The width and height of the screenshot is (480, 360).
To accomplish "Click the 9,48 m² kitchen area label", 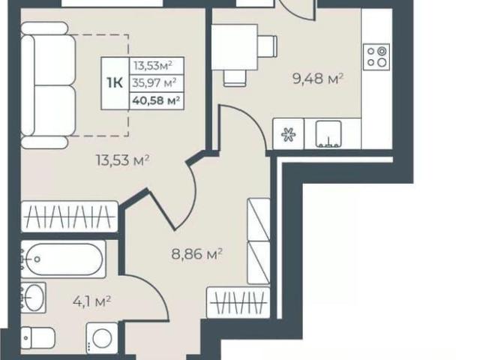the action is coord(318,79).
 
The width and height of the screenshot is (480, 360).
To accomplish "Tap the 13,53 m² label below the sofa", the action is coord(123,160).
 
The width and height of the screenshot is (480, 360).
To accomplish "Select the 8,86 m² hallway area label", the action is coord(196,253).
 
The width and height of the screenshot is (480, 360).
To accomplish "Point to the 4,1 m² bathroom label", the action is coord(91,301).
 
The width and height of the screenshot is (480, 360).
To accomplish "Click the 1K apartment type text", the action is coord(115,82).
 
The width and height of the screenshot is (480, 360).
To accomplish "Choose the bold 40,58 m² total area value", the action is coord(156,100).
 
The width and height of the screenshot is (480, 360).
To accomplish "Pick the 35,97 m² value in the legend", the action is coord(154,82).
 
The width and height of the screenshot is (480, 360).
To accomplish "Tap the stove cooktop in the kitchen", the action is coord(376,57).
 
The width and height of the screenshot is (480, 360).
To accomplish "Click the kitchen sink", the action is coord(328,134).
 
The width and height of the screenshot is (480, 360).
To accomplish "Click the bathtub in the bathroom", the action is coord(63,259).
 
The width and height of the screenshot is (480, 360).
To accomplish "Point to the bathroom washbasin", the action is coord(33,298).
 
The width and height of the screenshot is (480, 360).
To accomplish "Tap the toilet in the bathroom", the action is coord(38,337).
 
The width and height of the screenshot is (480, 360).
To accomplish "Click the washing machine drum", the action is coord(102,338).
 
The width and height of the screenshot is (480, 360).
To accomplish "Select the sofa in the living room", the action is coord(48,85).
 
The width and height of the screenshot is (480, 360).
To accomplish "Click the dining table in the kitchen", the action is coord(235,47).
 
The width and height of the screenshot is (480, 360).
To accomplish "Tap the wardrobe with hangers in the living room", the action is coord(70,217).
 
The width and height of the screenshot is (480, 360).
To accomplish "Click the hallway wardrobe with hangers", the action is coord(238,303).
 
